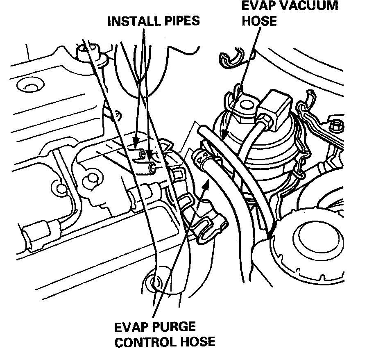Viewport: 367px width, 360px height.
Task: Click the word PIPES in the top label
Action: click(179, 21)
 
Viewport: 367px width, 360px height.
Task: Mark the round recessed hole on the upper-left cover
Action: click(29, 87)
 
